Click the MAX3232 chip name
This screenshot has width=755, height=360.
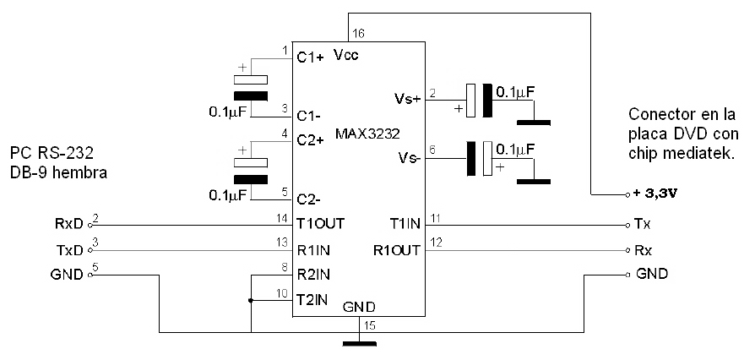[368, 134]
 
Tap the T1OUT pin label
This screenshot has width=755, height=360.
[320, 224]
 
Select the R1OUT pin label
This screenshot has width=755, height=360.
[397, 250]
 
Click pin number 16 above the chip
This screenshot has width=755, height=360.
[358, 33]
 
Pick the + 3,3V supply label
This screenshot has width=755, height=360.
[656, 194]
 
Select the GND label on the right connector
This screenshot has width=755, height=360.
[652, 274]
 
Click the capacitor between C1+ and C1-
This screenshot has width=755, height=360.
[250, 88]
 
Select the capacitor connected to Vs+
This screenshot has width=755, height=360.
[479, 101]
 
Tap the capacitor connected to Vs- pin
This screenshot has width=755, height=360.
[479, 158]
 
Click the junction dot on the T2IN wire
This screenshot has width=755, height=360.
[250, 301]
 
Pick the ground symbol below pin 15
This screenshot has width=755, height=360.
[359, 344]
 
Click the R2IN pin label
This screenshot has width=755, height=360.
[313, 275]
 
